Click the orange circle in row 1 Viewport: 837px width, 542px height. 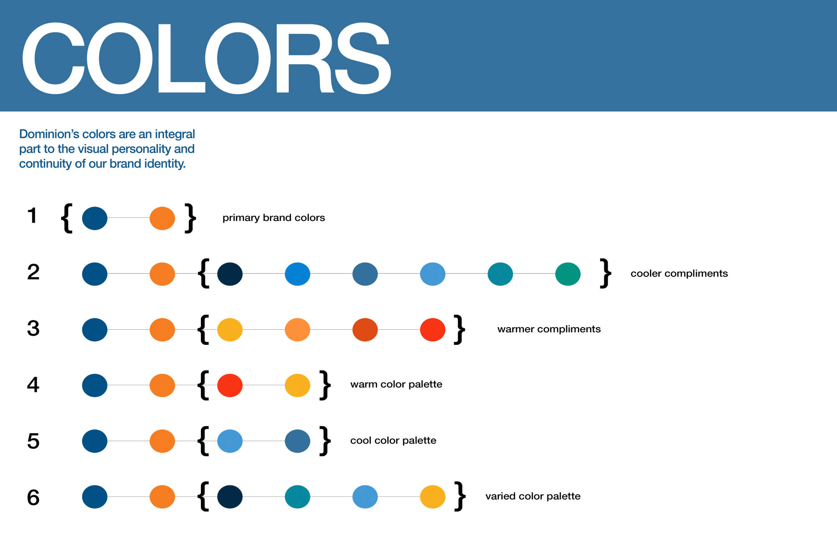tap(162, 218)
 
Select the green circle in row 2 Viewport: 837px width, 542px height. tap(568, 274)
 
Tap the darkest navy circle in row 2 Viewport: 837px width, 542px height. tap(230, 274)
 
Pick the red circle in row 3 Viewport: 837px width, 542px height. tap(433, 330)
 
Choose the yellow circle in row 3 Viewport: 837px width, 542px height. tap(230, 330)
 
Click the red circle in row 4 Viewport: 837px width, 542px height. tap(230, 385)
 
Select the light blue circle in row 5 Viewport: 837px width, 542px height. tap(230, 441)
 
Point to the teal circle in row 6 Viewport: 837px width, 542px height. tap(298, 497)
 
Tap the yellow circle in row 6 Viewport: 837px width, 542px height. tap(433, 497)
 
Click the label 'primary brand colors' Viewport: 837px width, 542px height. tap(274, 218)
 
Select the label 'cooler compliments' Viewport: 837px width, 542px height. tap(679, 274)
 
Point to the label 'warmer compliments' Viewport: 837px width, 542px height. tap(549, 329)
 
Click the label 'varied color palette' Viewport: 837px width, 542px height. tap(533, 496)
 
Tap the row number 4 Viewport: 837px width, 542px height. tap(33, 385)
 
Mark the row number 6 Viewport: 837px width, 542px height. tap(33, 498)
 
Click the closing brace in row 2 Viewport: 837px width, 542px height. tap(606, 273)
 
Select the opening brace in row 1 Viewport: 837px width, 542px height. tap(67, 218)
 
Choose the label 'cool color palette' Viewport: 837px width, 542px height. tap(393, 441)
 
